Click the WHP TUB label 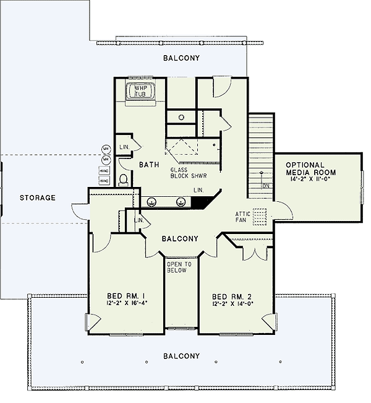[x=140, y=92]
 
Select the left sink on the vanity [x=151, y=201]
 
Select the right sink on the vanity [x=181, y=201]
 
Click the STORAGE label [x=37, y=198]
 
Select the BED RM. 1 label [x=126, y=297]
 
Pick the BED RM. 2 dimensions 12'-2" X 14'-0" [x=233, y=304]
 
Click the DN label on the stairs [x=265, y=185]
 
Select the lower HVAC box [x=104, y=181]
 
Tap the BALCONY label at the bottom [x=182, y=356]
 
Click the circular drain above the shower [x=182, y=116]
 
